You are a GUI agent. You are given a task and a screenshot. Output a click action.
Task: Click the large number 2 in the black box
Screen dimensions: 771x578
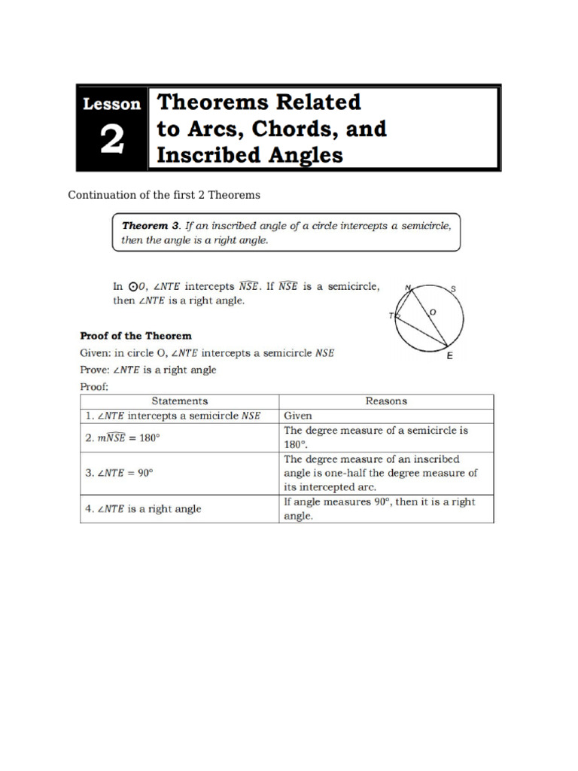[x=111, y=141]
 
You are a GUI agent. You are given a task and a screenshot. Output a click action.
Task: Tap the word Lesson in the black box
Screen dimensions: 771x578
[x=112, y=104]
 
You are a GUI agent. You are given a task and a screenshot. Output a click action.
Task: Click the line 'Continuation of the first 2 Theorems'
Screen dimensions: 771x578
[x=164, y=194]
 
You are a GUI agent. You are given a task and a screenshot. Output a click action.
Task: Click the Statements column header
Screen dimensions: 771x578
[x=179, y=401]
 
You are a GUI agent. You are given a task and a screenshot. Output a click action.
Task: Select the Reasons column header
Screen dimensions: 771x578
[x=386, y=401]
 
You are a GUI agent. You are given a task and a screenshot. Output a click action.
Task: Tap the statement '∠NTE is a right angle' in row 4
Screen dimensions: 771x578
[x=143, y=509]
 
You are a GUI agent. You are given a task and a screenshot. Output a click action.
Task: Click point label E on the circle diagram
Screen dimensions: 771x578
[x=450, y=356]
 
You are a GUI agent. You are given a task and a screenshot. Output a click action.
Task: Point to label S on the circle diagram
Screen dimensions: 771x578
[x=453, y=288]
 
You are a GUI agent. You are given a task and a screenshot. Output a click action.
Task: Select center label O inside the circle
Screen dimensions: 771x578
[x=432, y=311]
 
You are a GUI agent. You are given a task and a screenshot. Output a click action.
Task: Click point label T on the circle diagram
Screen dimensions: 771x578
[x=391, y=316]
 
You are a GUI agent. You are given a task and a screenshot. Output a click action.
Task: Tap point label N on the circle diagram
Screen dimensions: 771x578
[x=408, y=287]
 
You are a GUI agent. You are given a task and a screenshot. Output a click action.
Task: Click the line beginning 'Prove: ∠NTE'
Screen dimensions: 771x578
[x=148, y=370]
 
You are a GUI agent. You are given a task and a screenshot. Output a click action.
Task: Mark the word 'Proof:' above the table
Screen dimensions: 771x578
[x=95, y=386]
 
